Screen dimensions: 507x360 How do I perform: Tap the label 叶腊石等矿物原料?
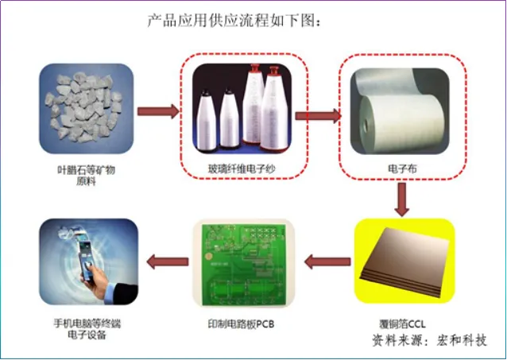(x=86, y=176)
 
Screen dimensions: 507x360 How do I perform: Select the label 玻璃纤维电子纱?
(x=242, y=169)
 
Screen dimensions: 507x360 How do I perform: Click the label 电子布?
(x=402, y=168)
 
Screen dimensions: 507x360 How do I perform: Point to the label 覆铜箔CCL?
(x=403, y=323)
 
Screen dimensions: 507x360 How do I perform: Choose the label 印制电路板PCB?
(x=242, y=323)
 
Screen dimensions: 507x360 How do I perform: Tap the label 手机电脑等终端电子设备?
(x=87, y=329)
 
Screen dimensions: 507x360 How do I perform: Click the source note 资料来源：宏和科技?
(x=430, y=340)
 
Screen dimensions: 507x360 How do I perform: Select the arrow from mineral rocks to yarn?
(x=158, y=111)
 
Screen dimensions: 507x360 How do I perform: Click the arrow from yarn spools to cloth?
(x=318, y=116)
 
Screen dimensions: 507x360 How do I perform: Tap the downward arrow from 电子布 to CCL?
(x=402, y=199)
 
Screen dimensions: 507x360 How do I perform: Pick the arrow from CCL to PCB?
(x=327, y=261)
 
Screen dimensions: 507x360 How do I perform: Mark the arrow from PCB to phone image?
(x=168, y=261)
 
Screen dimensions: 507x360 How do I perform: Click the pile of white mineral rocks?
(x=85, y=106)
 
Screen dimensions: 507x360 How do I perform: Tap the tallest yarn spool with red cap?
(x=273, y=109)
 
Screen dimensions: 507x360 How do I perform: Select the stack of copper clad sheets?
(x=404, y=262)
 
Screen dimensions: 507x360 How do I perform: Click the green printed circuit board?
(x=244, y=264)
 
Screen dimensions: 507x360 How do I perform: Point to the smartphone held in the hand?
(x=87, y=261)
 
